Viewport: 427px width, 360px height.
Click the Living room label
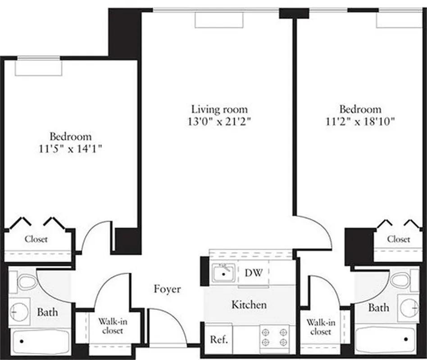point(219,109)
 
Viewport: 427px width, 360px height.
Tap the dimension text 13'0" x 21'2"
point(219,121)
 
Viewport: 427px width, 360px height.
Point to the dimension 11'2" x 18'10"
point(360,121)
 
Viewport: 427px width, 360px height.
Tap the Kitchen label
point(249,305)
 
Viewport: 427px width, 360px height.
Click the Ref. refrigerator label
point(219,339)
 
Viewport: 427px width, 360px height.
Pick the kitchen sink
point(223,273)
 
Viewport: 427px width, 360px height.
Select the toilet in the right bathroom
point(401,280)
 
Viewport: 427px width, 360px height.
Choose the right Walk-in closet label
point(321,327)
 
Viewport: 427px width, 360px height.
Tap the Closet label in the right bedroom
point(399,239)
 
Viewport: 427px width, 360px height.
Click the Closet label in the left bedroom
point(36,239)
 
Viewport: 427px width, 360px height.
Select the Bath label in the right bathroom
point(379,308)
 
